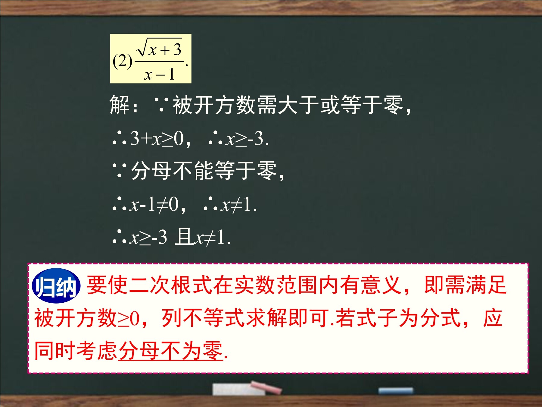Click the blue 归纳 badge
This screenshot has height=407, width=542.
56,286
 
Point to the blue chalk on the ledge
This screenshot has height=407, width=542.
396,391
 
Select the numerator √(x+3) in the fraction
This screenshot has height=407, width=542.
160,48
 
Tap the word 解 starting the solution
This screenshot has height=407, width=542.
120,105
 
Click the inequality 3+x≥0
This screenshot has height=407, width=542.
157,139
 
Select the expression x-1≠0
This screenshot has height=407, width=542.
154,205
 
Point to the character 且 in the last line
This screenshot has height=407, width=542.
184,237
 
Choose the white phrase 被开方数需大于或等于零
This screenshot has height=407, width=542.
288,105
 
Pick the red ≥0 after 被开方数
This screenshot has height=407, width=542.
129,319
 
